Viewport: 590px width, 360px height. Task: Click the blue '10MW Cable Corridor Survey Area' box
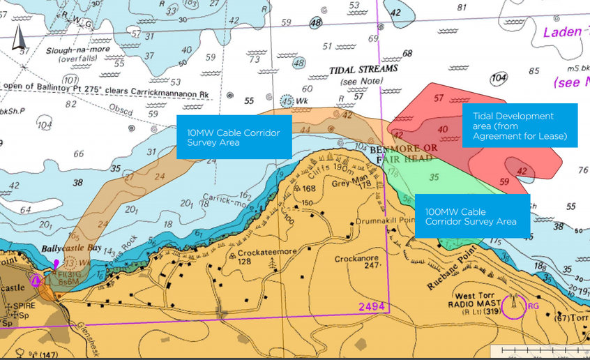point(234,137)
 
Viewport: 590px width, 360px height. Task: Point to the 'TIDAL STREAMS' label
point(363,70)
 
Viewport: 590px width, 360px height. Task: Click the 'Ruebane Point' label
point(438,259)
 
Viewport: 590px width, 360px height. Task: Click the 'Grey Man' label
point(346,176)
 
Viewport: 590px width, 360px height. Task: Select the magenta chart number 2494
point(371,307)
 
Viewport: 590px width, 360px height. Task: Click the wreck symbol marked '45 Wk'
point(287,101)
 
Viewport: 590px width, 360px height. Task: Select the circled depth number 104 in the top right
point(499,78)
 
